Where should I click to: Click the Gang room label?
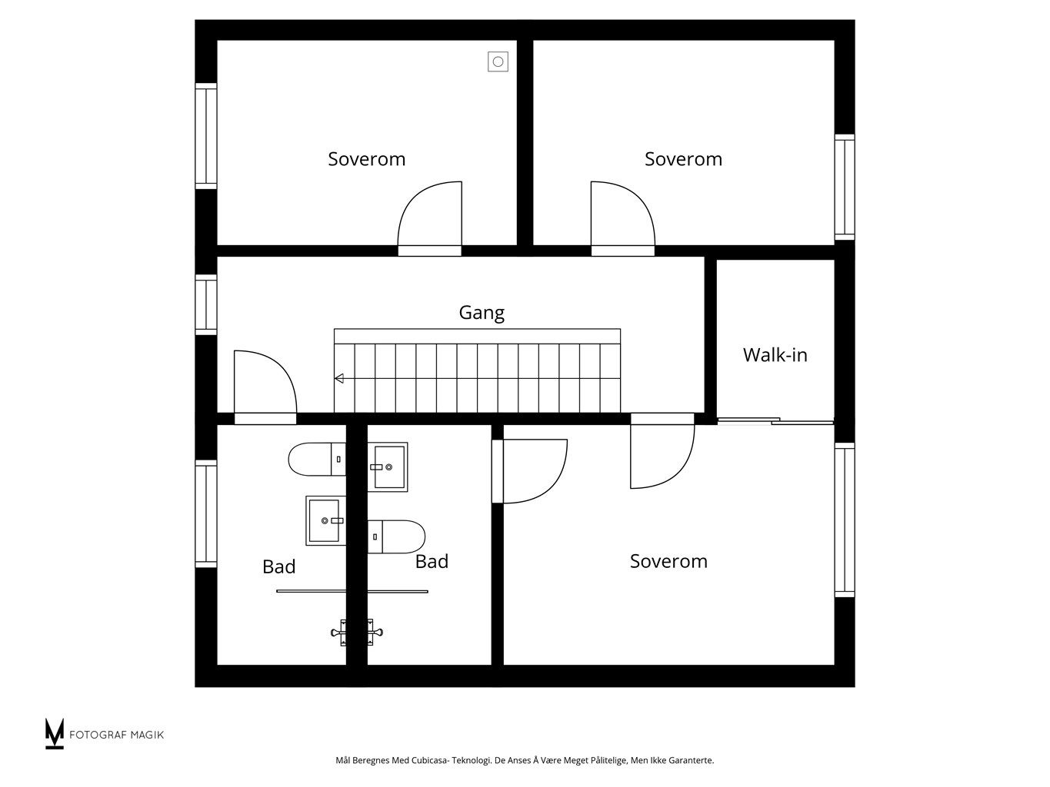482,313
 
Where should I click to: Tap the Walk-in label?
775,355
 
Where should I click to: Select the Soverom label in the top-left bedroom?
366,159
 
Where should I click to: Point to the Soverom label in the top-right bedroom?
683,159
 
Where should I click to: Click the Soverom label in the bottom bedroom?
668,561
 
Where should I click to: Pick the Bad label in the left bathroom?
279,566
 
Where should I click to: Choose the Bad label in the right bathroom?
432,562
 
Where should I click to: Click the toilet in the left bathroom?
317,459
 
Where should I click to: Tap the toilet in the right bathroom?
396,536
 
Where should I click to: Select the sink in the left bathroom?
325,520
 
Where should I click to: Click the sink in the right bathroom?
388,467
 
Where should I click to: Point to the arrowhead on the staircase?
338,378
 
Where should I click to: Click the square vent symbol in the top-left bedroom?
498,61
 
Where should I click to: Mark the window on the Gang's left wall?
206,305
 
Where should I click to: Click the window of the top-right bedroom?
845,188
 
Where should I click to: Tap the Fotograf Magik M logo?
54,733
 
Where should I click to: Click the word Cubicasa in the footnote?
428,760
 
